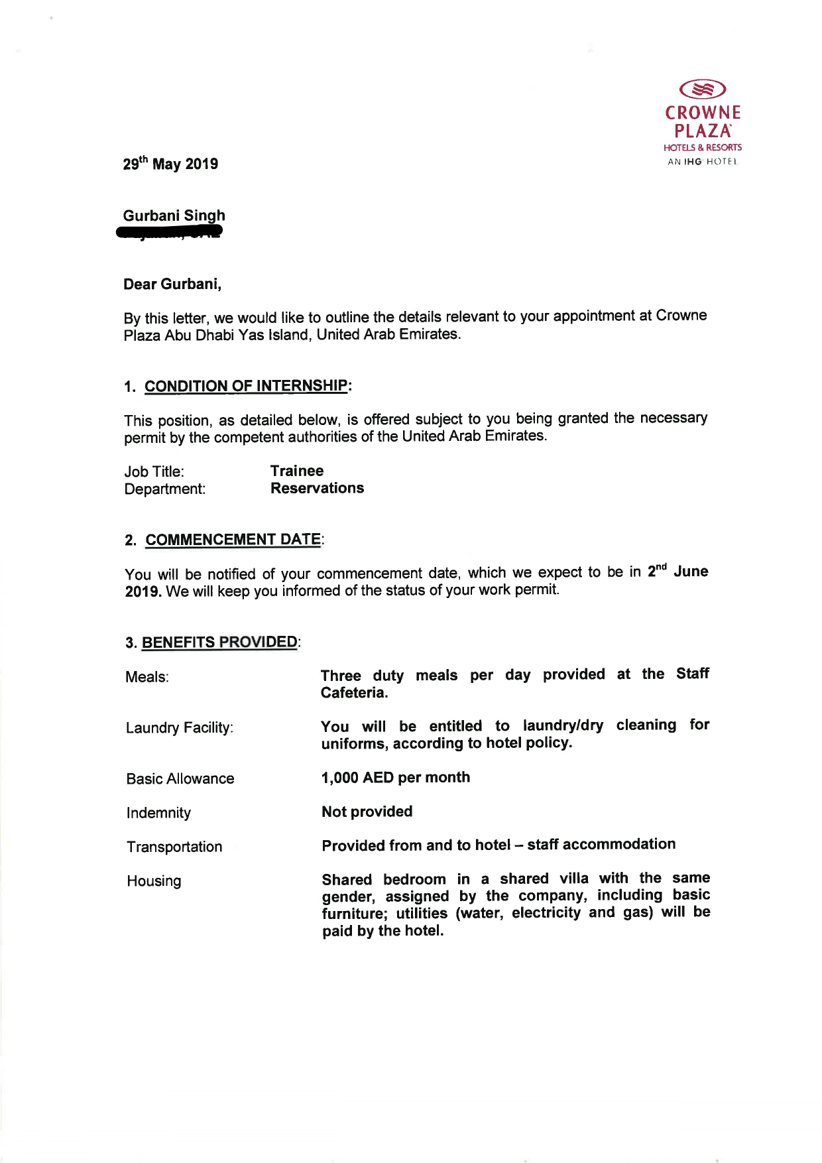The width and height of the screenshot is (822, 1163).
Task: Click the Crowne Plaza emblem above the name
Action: (703, 88)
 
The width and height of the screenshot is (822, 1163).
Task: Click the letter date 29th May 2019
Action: (170, 164)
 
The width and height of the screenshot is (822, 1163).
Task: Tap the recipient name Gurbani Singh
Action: (174, 215)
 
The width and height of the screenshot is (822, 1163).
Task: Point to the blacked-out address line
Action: (169, 232)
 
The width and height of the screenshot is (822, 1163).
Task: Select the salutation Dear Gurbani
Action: (172, 284)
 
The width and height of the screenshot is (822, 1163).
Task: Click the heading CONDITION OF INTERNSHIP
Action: (246, 386)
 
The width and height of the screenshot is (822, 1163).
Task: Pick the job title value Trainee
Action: (297, 471)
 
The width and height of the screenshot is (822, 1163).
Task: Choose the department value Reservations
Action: (317, 488)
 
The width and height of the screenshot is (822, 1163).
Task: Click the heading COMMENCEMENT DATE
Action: (233, 540)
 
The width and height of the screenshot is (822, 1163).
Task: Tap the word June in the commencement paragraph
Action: (691, 572)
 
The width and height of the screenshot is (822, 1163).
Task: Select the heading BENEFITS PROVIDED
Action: (219, 643)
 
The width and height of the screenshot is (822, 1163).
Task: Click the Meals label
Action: (147, 677)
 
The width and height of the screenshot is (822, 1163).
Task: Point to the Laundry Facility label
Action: (180, 728)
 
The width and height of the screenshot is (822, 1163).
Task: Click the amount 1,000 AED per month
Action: (396, 778)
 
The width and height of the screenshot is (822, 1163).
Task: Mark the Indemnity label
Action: (159, 813)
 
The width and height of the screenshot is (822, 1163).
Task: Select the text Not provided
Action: (367, 812)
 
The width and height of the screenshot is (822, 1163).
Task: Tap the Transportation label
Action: (175, 847)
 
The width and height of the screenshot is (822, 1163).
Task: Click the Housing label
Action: (154, 881)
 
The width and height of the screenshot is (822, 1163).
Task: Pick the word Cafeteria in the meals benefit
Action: (354, 693)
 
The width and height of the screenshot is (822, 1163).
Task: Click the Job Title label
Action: (154, 471)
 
